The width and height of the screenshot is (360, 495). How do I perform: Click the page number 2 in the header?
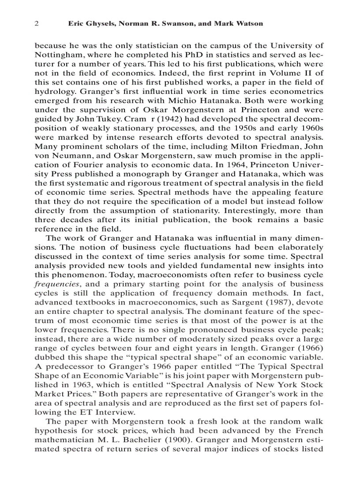click(x=37, y=23)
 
